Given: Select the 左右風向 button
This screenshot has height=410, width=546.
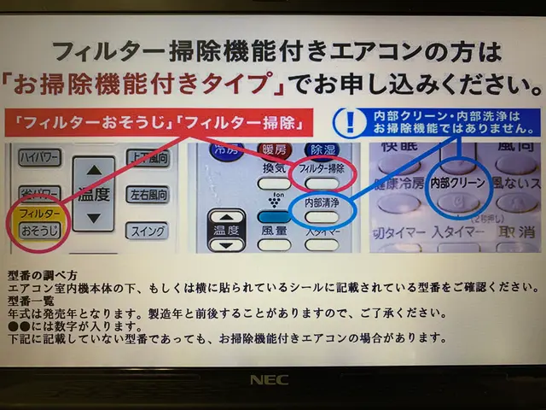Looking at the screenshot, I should tap(147, 195).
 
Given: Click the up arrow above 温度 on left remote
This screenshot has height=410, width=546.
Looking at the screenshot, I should tap(94, 168).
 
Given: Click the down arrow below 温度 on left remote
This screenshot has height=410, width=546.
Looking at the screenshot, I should tap(94, 217).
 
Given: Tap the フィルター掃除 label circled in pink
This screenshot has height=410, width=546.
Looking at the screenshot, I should tap(322, 169).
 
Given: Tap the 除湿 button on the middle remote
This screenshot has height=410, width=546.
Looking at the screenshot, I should tap(321, 150).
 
